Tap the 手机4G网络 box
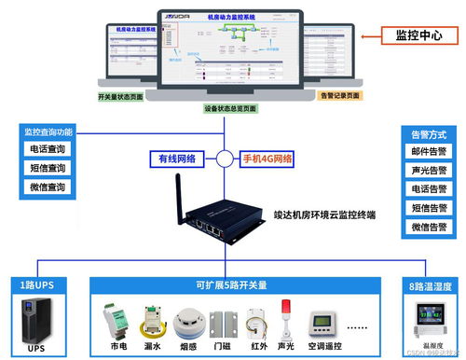point(267,158)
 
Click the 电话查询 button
point(47,148)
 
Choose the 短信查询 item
point(47,168)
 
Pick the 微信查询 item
point(47,187)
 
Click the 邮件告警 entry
point(430,151)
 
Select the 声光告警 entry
point(430,171)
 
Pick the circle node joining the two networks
point(224,158)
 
